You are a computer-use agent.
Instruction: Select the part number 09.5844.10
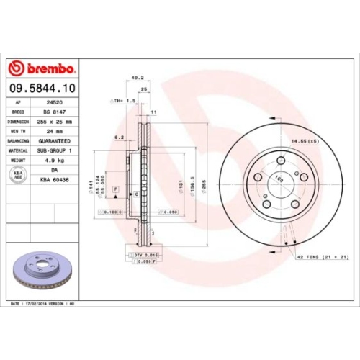pos(42,89)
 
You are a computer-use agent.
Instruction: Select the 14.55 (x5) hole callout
pos(304,142)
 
